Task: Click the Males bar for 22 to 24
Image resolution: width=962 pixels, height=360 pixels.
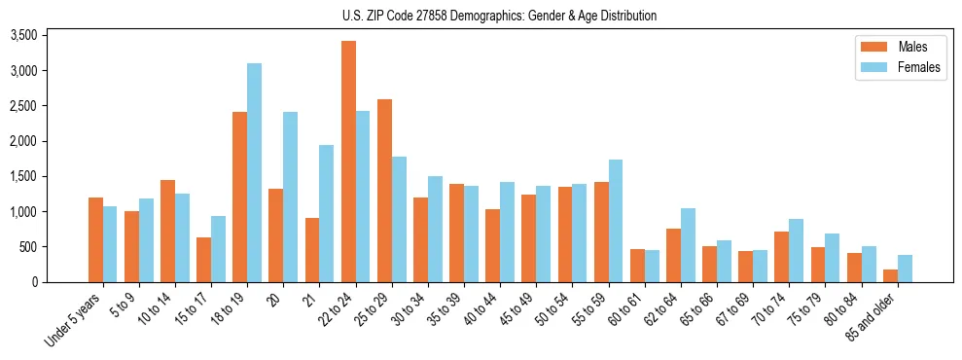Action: point(348,162)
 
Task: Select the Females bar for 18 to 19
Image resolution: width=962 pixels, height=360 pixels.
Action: point(254,173)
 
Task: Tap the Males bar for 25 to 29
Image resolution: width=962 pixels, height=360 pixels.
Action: point(384,191)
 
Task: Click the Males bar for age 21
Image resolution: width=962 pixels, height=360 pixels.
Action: point(312,250)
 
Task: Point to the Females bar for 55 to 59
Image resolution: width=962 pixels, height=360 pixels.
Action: point(615,221)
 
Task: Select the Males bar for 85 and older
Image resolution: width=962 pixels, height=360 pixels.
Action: point(890,275)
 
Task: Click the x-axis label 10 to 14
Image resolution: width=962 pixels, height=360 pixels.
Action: point(156,309)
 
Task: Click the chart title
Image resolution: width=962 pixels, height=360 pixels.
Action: point(499,16)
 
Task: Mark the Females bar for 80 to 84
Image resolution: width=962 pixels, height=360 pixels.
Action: point(868,264)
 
